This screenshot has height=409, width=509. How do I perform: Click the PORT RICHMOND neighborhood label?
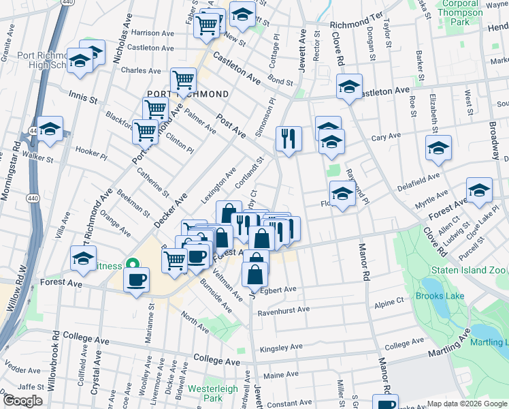(x=188, y=93)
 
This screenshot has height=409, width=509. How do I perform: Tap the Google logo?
(x=23, y=400)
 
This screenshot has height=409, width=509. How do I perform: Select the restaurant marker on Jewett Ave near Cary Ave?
(x=289, y=139)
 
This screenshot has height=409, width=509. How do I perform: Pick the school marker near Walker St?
(x=50, y=129)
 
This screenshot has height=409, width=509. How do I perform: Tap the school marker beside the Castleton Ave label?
(x=349, y=87)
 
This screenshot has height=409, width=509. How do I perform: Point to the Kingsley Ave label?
(x=280, y=346)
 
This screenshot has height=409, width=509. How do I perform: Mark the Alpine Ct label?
(x=389, y=299)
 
